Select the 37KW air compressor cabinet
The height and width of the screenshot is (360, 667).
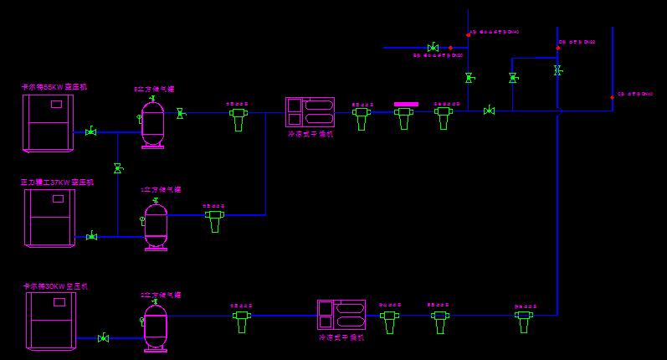pos(50,217)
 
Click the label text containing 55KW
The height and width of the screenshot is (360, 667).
pos(54,86)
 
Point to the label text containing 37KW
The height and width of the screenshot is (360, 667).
pos(57,182)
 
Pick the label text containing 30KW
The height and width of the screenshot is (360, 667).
pos(55,286)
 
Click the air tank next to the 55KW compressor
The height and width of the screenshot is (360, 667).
pos(152,122)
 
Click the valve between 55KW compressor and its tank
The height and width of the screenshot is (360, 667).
pos(90,131)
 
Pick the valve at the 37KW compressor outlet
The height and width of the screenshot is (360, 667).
pos(91,237)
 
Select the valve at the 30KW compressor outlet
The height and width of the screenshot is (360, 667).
pos(103,338)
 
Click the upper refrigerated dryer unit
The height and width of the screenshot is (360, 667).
pos(310,112)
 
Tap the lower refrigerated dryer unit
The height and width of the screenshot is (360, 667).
pos(341,315)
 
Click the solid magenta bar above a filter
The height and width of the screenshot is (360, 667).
pos(406,105)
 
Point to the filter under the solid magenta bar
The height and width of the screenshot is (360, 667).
pos(405,117)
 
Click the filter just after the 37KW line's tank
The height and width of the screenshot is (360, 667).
pos(215,220)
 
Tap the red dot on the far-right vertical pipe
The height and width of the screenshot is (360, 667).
pos(612,97)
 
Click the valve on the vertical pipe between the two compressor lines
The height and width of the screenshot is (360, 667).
pos(118,169)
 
